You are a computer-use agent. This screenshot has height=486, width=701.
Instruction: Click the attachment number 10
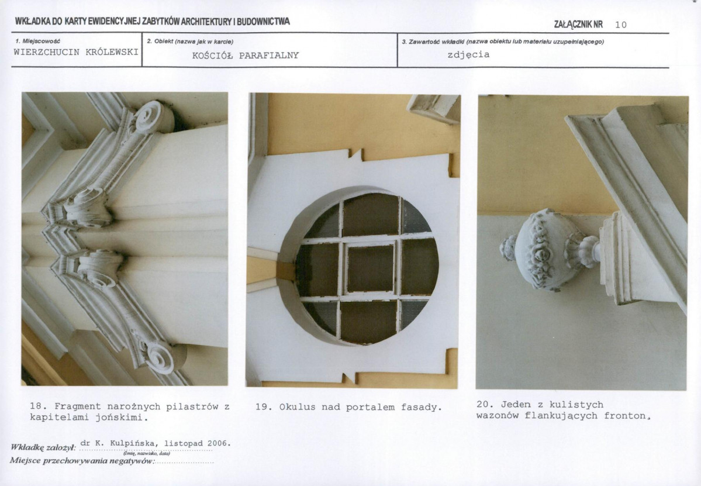(x=621, y=25)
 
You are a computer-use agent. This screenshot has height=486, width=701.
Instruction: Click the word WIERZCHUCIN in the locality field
(x=47, y=52)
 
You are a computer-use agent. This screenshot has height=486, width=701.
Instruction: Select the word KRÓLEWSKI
(x=112, y=52)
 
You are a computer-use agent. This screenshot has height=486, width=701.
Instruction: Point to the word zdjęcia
(x=468, y=55)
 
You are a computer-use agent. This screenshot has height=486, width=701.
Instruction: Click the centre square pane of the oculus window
(x=371, y=268)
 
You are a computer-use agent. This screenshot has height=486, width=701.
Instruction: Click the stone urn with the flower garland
(x=549, y=249)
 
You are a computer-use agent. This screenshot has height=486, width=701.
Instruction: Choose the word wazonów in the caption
(x=497, y=416)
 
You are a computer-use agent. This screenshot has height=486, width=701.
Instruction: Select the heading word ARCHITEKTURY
(x=204, y=22)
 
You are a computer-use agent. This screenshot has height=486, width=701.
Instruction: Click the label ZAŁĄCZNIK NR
(x=578, y=25)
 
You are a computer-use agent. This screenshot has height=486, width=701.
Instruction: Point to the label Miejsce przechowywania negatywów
(x=82, y=460)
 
